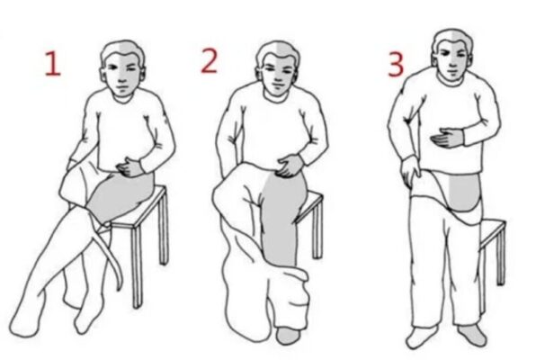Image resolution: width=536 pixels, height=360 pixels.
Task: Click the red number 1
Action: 53,63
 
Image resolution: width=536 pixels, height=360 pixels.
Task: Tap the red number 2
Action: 210,60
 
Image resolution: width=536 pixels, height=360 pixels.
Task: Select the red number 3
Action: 396,65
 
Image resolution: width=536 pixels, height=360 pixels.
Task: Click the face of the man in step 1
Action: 122,77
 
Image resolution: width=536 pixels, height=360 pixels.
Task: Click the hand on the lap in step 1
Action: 130,167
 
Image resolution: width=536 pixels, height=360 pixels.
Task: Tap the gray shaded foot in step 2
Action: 289,336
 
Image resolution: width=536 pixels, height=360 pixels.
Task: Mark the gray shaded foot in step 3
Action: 472,335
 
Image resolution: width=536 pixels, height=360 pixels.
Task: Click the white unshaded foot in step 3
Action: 421,337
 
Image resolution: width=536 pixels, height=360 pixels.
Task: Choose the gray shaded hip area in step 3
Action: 464,193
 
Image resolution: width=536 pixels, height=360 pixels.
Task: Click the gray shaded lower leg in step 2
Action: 281,219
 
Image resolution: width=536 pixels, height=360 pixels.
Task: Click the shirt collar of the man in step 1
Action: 122,99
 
